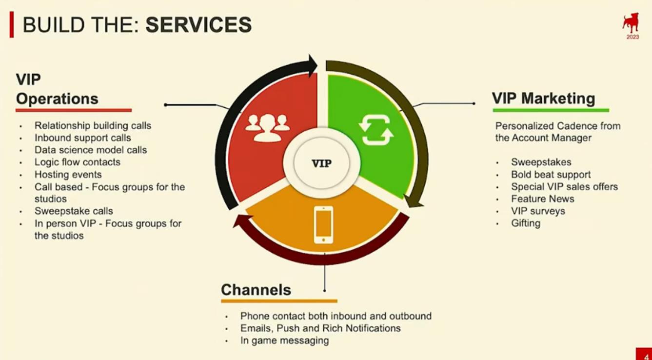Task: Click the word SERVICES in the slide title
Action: click(x=198, y=24)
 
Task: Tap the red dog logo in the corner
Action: click(x=631, y=23)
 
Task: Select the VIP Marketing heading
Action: click(x=543, y=98)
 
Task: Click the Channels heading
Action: click(x=256, y=290)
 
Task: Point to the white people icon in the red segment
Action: click(x=267, y=128)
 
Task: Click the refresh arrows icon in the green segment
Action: click(x=376, y=130)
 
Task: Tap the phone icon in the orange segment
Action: click(x=323, y=224)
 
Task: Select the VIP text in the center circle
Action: click(x=322, y=163)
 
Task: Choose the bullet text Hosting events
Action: click(x=68, y=174)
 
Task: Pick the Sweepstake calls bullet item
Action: click(x=74, y=211)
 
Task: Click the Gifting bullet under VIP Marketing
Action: click(x=526, y=223)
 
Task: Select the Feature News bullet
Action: click(x=543, y=199)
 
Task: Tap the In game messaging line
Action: click(x=284, y=340)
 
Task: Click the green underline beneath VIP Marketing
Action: click(x=551, y=110)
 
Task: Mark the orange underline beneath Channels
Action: click(x=279, y=301)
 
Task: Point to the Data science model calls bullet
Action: click(x=91, y=150)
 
